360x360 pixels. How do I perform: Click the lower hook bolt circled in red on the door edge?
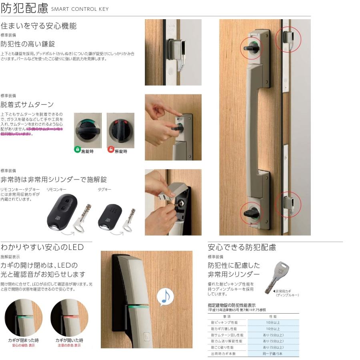tap(288, 203)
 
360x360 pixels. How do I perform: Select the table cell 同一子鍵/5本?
tap(273, 354)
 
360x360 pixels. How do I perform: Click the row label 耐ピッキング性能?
tap(224, 322)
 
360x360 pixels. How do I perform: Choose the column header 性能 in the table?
tap(273, 316)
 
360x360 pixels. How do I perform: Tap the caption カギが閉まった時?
tap(24, 340)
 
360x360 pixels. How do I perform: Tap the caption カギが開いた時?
tap(69, 340)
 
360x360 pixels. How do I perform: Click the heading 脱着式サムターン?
tap(27, 104)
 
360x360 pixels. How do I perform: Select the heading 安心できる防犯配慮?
tap(242, 247)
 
